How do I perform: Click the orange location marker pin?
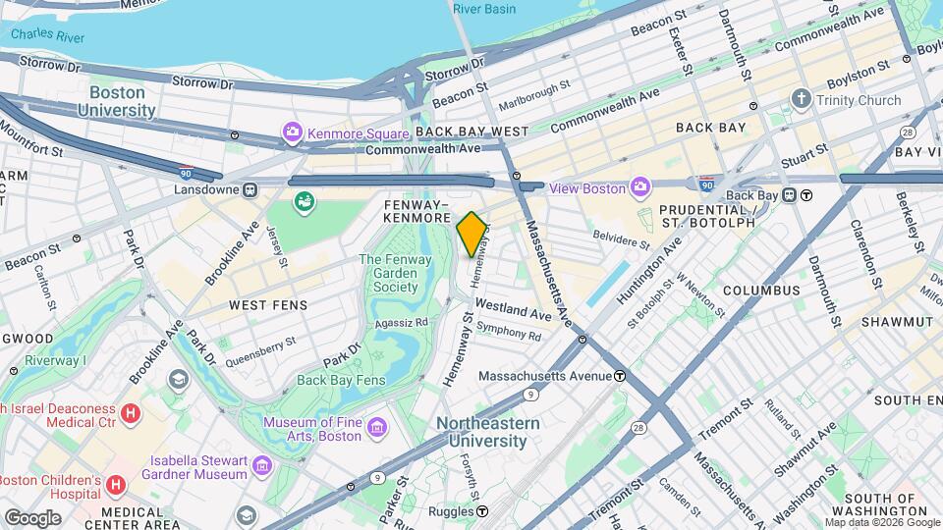pyautogui.click(x=471, y=234)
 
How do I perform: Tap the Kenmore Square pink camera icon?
pyautogui.click(x=292, y=132)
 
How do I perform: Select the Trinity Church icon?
pyautogui.click(x=802, y=100)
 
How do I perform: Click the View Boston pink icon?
pyautogui.click(x=641, y=186)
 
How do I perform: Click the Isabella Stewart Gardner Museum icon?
pyautogui.click(x=261, y=464)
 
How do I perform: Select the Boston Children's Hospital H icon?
pyautogui.click(x=116, y=485)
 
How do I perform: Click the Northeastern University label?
pyautogui.click(x=488, y=432)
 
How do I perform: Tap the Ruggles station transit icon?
pyautogui.click(x=482, y=511)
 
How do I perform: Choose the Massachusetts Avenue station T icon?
pyautogui.click(x=620, y=376)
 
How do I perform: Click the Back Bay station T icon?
pyautogui.click(x=805, y=195)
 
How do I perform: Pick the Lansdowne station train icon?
pyautogui.click(x=250, y=188)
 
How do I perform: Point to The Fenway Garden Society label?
pyautogui.click(x=389, y=273)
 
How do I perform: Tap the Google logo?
pyautogui.click(x=32, y=516)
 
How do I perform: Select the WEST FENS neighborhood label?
pyautogui.click(x=268, y=305)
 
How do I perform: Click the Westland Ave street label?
pyautogui.click(x=514, y=310)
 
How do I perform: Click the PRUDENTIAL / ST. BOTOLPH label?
pyautogui.click(x=706, y=216)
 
